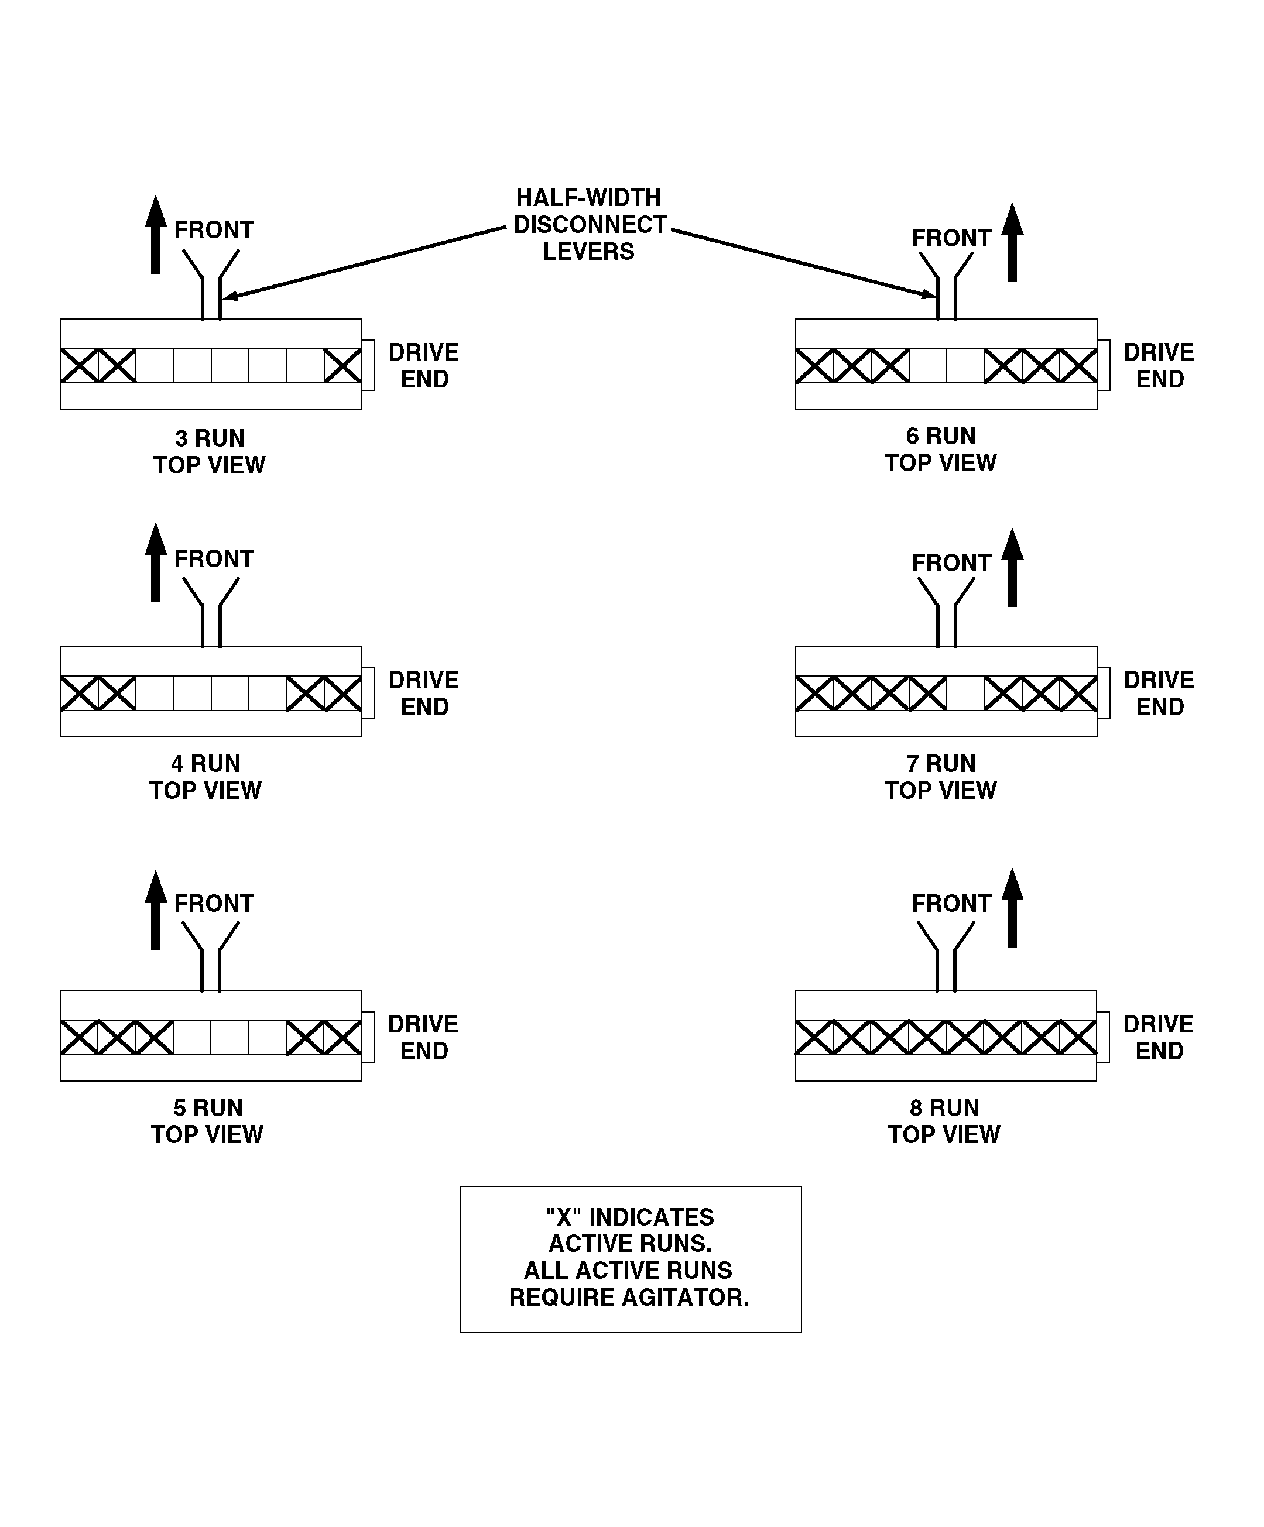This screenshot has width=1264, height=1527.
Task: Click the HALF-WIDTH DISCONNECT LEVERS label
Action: [589, 224]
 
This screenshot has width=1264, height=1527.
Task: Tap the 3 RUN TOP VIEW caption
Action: [210, 452]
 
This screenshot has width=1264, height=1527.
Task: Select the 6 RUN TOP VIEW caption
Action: [940, 449]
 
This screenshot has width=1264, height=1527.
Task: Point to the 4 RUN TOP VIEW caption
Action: [206, 777]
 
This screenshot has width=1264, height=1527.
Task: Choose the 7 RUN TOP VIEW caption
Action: [940, 777]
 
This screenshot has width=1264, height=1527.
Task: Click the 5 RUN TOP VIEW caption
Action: [207, 1121]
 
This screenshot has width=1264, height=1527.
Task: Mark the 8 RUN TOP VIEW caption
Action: [944, 1121]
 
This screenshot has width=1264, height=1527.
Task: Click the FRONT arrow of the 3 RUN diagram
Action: [156, 235]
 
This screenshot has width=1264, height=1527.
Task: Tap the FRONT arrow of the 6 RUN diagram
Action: [1012, 242]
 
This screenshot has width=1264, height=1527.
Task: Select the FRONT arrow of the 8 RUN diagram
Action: [1012, 907]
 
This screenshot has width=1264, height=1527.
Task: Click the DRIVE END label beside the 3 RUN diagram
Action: [424, 366]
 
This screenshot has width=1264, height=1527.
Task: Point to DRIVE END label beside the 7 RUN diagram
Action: [1159, 693]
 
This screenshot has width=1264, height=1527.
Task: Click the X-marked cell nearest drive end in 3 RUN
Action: [342, 366]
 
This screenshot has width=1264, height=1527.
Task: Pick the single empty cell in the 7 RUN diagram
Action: [965, 693]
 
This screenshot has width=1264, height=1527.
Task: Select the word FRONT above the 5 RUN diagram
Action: [214, 903]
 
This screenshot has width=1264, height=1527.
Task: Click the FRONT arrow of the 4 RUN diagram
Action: [156, 562]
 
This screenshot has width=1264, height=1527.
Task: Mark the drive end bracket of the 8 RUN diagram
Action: [1102, 1037]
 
